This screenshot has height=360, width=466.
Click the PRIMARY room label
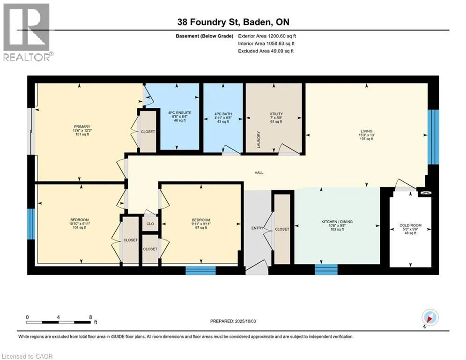82,127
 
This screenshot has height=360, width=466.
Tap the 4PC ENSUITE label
180,113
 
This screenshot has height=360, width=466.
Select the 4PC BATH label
223,114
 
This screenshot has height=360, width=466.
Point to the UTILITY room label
276,114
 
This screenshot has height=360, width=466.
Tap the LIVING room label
366,131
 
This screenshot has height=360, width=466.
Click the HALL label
259,172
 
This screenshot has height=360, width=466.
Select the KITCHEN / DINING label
337,222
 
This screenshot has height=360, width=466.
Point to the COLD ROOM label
410,225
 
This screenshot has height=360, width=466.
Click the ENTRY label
258,228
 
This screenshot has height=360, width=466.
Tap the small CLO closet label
150,224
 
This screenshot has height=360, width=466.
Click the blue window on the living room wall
433,137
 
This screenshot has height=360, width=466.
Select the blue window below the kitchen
326,269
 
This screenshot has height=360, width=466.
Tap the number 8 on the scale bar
90,317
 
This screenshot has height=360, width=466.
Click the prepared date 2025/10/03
245,321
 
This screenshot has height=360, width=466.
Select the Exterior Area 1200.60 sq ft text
267,36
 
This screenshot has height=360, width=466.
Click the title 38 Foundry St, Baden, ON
233,22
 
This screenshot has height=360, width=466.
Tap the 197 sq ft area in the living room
366,139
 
